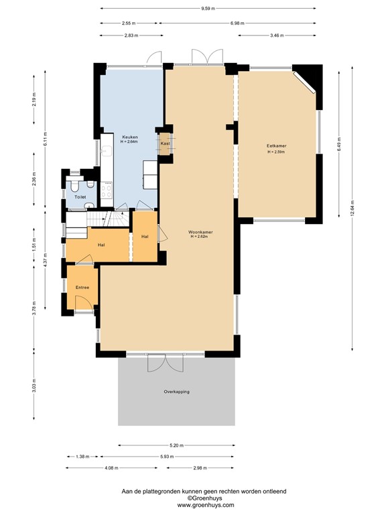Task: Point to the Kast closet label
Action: pos(164,143)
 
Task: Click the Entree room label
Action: pos(82,287)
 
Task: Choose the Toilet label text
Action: pos(80,197)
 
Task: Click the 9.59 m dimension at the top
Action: pos(208,8)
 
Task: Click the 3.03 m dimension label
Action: pos(34,388)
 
